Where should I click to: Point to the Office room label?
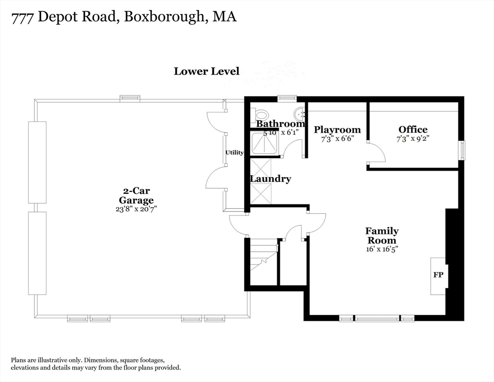point(412,130)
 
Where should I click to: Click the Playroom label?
point(337,130)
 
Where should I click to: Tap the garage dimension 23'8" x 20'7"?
point(136,209)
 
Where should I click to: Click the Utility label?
point(234,153)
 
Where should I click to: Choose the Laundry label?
point(270,179)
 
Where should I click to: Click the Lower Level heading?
point(206,71)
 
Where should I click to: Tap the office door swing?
point(377,153)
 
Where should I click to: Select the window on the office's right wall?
point(462,151)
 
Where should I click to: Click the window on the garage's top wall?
point(130,99)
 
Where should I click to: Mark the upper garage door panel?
point(37,162)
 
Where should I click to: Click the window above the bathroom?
point(287,98)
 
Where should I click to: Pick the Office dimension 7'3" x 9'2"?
point(412,139)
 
